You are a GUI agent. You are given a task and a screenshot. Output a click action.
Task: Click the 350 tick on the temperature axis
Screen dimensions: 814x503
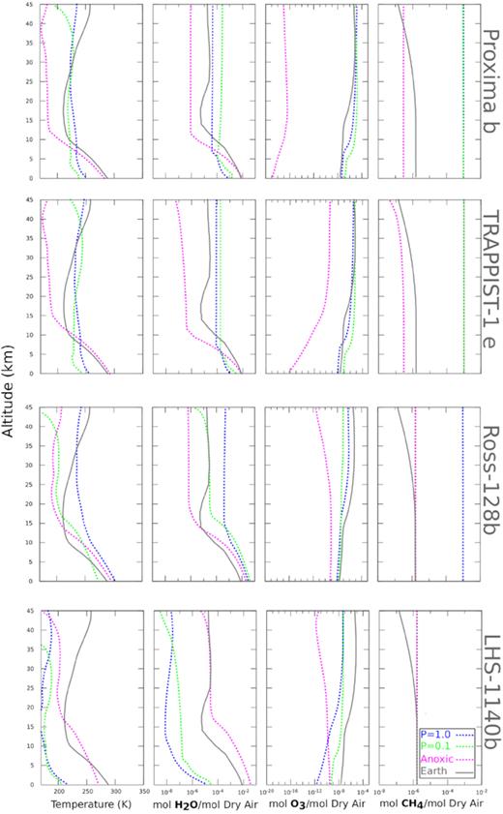[x=143, y=792]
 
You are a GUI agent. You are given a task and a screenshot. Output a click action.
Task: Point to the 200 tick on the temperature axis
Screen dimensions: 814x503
[x=59, y=792]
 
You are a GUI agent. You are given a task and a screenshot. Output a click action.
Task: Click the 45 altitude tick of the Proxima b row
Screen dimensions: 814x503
[x=32, y=4]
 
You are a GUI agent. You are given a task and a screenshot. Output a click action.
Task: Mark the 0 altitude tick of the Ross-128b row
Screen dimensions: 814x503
[x=35, y=582]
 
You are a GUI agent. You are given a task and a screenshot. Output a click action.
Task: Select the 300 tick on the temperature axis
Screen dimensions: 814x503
[x=115, y=792]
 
